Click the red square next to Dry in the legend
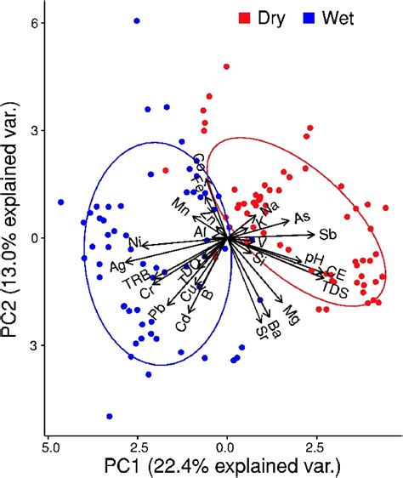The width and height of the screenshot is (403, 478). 244,17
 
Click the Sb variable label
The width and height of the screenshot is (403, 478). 327,235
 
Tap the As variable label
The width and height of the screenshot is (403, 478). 302,218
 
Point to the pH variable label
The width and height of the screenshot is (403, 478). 314,259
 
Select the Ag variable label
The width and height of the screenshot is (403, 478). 117,266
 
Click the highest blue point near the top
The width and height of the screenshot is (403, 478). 137,20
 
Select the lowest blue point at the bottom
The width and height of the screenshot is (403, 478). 110,416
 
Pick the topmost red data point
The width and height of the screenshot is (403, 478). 226,66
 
